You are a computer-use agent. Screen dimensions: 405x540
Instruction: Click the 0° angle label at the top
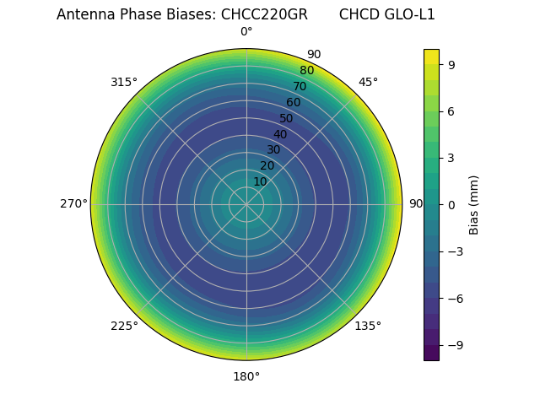tap(246, 32)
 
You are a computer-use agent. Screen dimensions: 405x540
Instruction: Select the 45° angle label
tap(368, 82)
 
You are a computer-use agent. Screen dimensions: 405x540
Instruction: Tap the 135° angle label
tap(368, 326)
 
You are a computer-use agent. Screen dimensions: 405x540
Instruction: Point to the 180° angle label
tap(246, 376)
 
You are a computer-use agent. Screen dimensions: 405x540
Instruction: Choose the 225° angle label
tap(124, 326)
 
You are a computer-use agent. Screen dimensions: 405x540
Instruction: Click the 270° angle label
tap(73, 204)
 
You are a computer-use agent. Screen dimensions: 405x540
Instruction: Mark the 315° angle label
tap(124, 82)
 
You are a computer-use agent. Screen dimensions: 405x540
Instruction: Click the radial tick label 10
tap(260, 181)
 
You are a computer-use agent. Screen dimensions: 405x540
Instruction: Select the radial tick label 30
tap(273, 149)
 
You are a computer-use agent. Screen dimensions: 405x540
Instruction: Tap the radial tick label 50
tap(287, 118)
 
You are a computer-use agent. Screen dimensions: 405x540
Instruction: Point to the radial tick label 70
tap(300, 86)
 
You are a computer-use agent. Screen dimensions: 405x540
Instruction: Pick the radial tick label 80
tap(306, 71)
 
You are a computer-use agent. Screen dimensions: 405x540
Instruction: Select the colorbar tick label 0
tap(452, 204)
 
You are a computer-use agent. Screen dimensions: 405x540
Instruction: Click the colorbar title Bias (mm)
tap(474, 204)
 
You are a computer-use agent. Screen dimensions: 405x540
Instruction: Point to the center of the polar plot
tap(246, 204)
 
